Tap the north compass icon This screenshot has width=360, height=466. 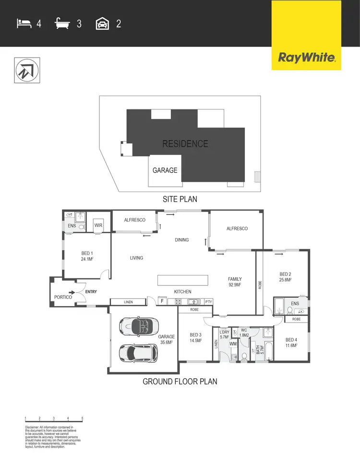coord(27,70)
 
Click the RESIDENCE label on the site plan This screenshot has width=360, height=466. coord(185,143)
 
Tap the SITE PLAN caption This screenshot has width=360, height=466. coord(180,199)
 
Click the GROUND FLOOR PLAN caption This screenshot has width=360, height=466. coord(180,382)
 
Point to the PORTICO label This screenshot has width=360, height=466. coord(63,297)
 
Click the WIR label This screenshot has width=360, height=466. coord(99,225)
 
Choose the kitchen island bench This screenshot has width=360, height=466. coord(183,279)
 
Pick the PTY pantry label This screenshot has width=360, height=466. coord(208,302)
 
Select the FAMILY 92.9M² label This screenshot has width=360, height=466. coord(235,282)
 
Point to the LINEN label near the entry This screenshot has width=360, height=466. coord(128,302)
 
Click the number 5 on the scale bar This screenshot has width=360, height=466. coord(83,418)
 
